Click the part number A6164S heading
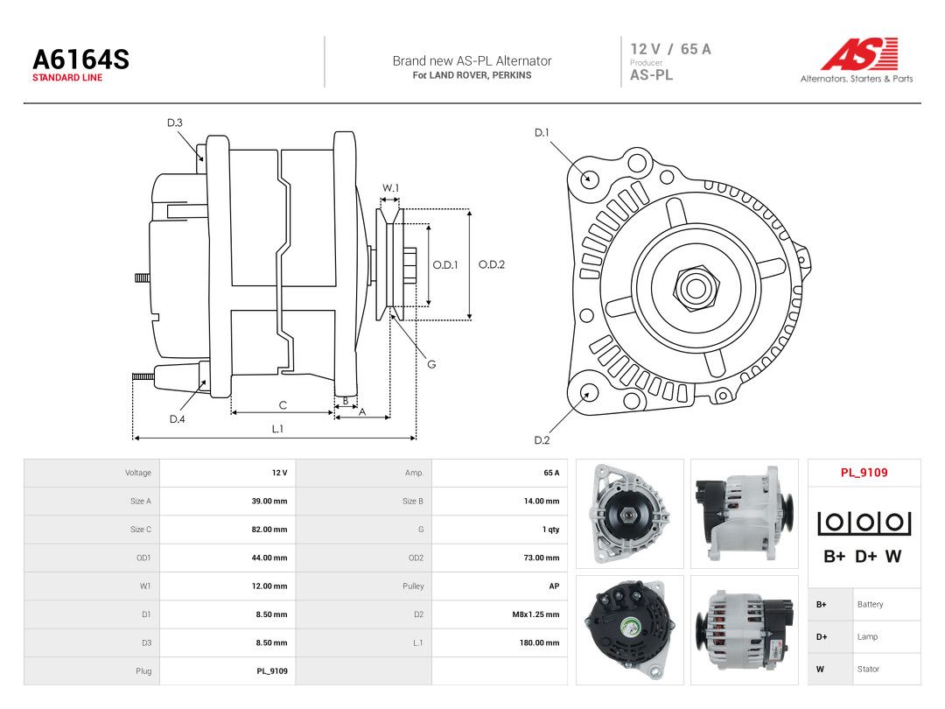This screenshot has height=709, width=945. pos(80,60)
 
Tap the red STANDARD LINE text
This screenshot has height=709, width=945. pos(67,78)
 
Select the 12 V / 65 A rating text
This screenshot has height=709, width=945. pos(671,49)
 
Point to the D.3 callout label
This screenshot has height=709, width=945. pos(175,123)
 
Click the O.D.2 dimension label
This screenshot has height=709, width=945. pos(492,264)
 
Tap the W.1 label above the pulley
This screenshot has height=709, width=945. pos(390,188)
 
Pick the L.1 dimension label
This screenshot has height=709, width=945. pos(277,429)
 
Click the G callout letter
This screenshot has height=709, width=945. pos(431,364)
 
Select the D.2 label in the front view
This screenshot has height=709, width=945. pos(542,440)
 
